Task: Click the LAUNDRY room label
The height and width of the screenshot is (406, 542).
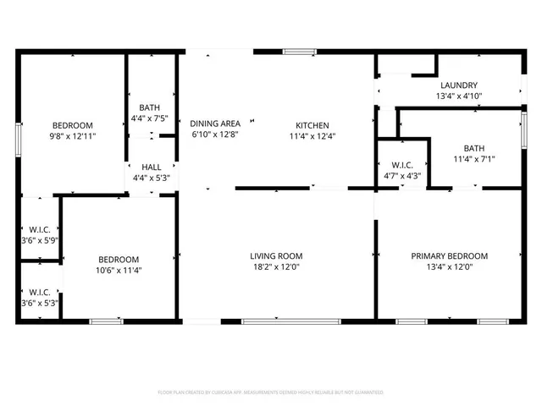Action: (459, 85)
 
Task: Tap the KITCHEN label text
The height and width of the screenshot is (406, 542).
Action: (312, 124)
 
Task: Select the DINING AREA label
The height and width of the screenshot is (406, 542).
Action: (215, 123)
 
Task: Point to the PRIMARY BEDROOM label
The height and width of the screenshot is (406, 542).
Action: (450, 256)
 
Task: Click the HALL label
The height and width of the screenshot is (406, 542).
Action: (152, 167)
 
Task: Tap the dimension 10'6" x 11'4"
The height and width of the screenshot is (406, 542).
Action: (118, 271)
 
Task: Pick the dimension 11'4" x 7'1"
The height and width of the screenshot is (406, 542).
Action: (473, 157)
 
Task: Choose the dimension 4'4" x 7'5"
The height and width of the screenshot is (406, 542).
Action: (151, 118)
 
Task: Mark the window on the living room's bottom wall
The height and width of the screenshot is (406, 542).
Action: (290, 321)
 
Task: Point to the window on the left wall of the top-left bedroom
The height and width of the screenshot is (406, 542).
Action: (19, 138)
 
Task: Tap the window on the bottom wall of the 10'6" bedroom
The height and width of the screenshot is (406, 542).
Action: (106, 321)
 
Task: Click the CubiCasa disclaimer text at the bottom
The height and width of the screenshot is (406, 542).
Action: (271, 392)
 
